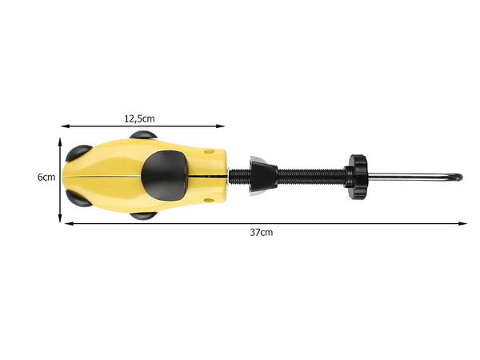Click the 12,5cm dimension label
[x=139, y=118]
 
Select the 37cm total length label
[x=262, y=233]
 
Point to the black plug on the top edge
[x=143, y=138]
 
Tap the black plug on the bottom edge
[x=144, y=214]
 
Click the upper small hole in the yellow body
[x=209, y=151]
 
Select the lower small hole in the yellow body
[x=209, y=198]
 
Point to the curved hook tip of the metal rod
[x=458, y=176]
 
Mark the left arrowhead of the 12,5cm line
[x=65, y=126]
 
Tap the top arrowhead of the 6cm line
[x=61, y=138]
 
